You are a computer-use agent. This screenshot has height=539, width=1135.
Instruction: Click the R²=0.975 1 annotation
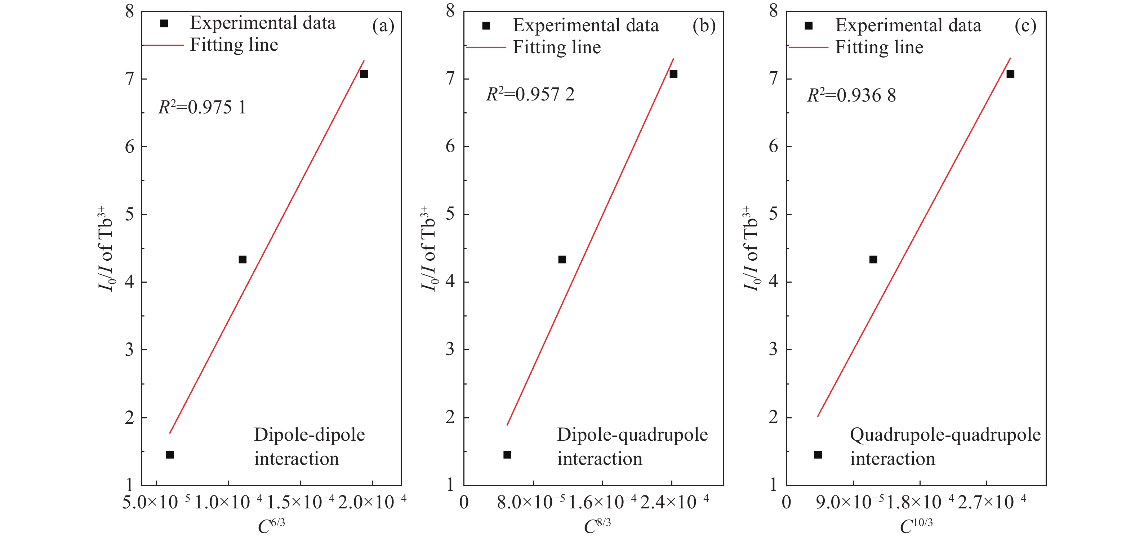(202, 107)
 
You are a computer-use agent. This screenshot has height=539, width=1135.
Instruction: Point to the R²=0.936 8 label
(851, 95)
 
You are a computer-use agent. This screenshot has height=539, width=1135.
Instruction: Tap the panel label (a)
(383, 26)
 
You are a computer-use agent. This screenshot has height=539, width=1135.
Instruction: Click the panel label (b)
(704, 26)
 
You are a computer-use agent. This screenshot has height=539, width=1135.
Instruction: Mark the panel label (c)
(1025, 26)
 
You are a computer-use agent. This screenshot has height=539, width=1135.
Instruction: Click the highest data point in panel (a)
(364, 74)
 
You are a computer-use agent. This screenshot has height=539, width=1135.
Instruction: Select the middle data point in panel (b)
(562, 259)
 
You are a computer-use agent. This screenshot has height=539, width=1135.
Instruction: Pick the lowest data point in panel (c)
(818, 454)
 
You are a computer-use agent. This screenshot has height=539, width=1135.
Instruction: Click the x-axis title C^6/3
(271, 525)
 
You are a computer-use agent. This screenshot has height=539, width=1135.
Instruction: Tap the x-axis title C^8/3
(597, 525)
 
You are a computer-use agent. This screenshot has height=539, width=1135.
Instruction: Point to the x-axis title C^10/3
(916, 525)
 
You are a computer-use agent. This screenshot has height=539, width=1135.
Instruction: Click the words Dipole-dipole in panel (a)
(309, 435)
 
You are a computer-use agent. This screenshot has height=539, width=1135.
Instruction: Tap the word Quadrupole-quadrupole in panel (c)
(945, 435)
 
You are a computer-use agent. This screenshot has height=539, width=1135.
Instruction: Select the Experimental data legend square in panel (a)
(164, 23)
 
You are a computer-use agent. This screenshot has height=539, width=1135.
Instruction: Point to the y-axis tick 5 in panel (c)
(773, 215)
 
